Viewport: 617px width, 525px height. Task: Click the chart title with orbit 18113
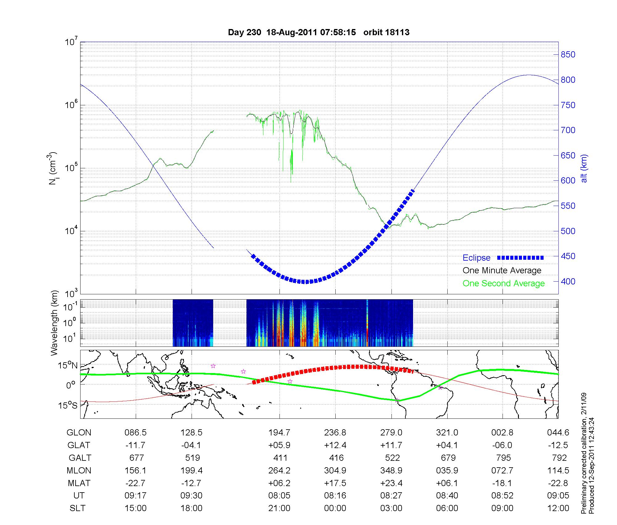(319, 32)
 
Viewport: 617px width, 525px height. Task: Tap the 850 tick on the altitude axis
(568, 55)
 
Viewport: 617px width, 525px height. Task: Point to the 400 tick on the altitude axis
(568, 282)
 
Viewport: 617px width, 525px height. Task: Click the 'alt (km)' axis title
(584, 168)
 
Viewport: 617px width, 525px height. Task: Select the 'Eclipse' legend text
(476, 258)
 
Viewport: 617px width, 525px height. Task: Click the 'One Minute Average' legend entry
(502, 271)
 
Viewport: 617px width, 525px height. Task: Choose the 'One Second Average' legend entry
(503, 283)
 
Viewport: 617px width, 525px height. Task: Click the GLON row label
(79, 433)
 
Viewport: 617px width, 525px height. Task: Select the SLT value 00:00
(335, 508)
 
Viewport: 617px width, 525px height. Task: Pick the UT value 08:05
(279, 496)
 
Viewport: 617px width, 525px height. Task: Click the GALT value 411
(280, 458)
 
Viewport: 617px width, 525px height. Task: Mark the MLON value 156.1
(135, 470)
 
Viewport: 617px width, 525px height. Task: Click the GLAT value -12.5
(558, 445)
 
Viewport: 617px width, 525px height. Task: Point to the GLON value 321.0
(447, 433)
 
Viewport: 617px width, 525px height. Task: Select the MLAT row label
(79, 483)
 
